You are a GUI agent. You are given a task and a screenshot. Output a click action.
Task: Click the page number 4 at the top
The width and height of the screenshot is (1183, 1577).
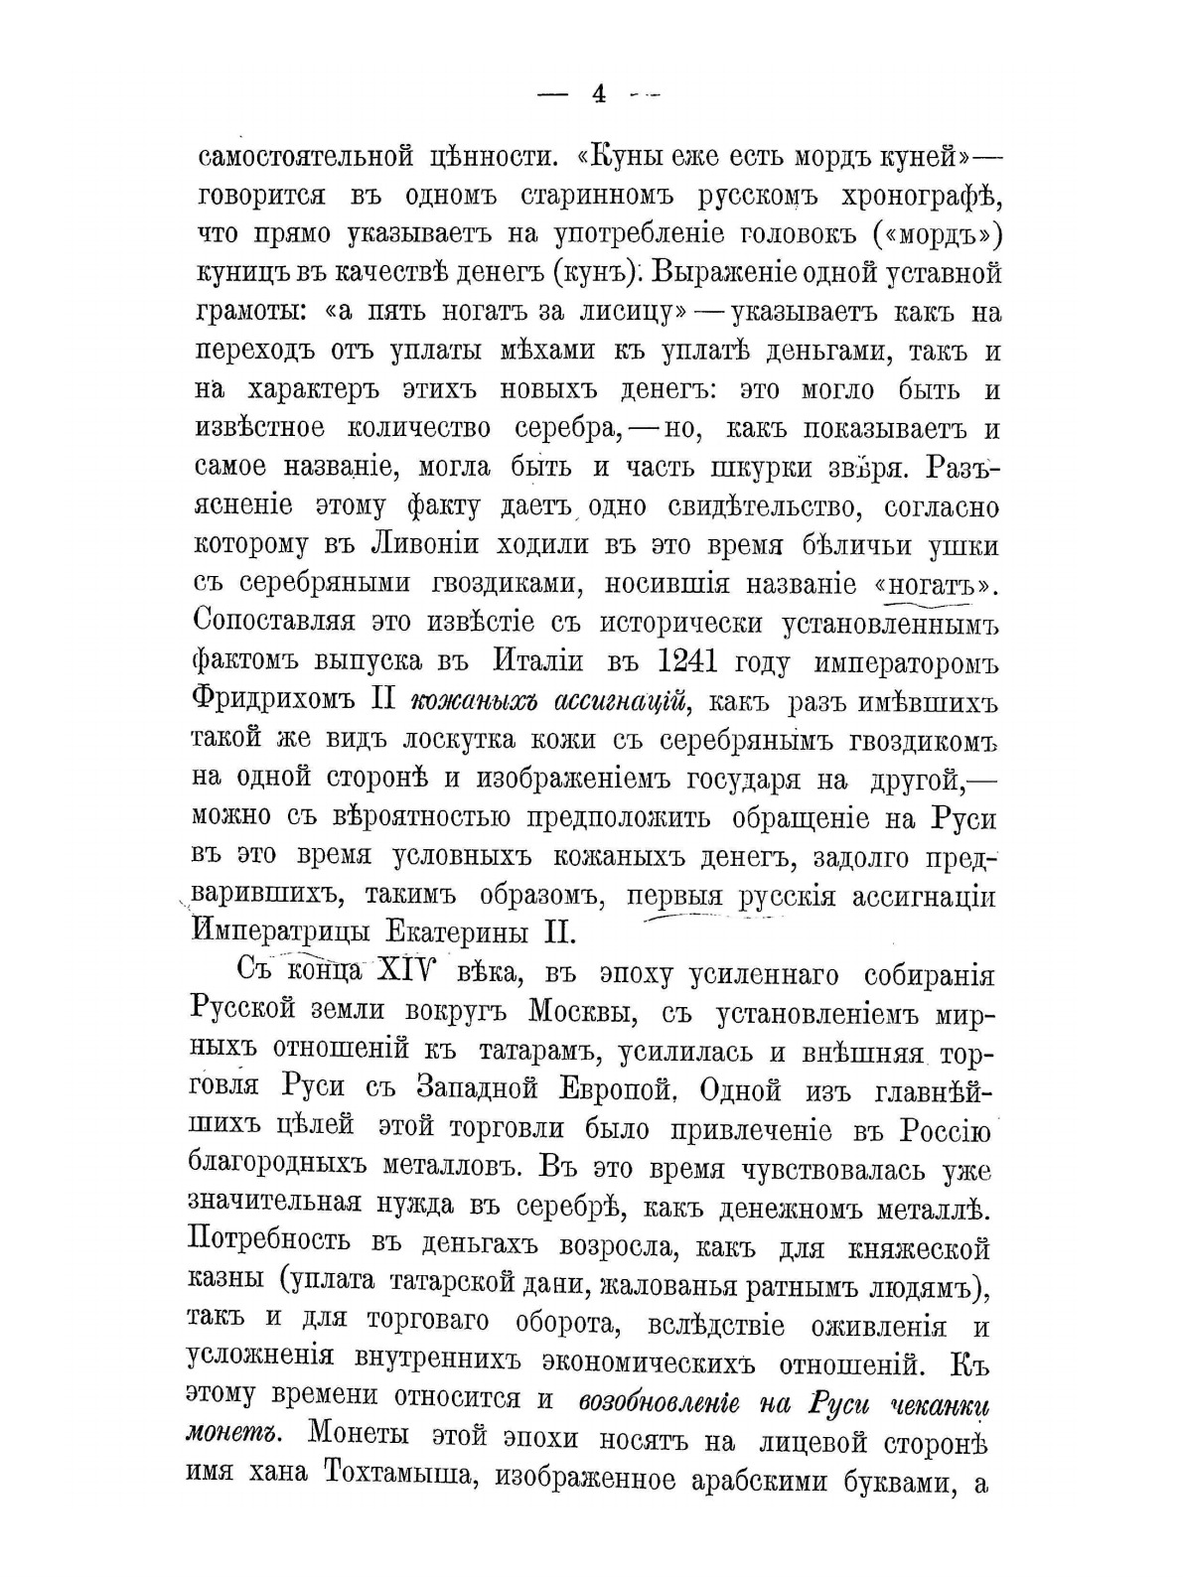[598, 94]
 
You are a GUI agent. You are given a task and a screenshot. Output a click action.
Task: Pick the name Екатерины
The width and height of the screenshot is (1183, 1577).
[443, 932]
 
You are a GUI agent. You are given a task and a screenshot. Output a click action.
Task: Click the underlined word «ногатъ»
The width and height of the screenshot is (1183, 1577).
[933, 585]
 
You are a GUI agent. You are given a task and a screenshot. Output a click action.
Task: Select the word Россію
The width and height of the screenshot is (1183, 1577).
[945, 1128]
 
